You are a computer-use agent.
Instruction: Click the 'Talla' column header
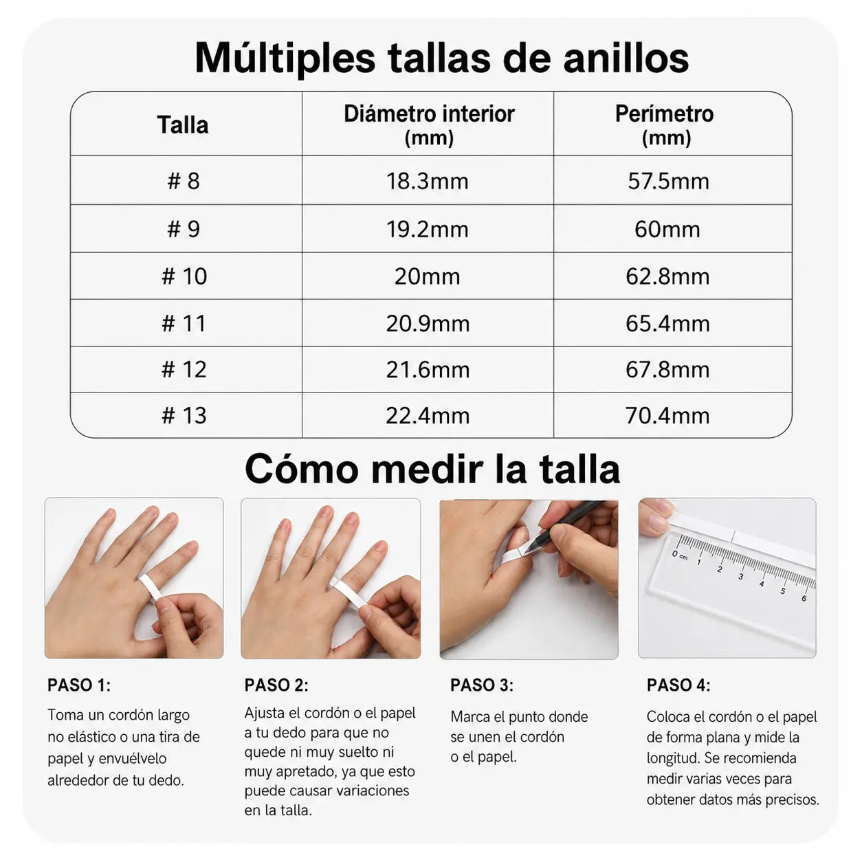tap(183, 125)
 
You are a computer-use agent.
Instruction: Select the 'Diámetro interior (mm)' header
tap(429, 125)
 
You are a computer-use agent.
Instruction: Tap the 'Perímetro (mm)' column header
tap(665, 125)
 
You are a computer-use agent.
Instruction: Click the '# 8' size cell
tap(184, 181)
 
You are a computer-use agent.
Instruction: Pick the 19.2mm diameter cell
tap(427, 229)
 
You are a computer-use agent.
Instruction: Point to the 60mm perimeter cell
tap(667, 229)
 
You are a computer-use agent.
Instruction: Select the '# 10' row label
tap(184, 276)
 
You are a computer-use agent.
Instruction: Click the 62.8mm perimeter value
tap(667, 276)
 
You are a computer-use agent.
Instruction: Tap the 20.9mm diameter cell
tap(428, 323)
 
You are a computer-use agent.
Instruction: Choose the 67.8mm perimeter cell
tap(667, 370)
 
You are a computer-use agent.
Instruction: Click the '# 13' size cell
tap(184, 415)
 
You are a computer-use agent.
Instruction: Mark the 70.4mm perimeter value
tap(667, 415)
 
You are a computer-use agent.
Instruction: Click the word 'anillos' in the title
tap(626, 58)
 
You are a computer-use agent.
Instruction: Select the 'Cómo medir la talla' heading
tap(432, 468)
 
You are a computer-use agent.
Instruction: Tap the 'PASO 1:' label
tap(79, 685)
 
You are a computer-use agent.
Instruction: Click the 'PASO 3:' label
tap(482, 685)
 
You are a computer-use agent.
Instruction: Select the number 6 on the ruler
tap(804, 599)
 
